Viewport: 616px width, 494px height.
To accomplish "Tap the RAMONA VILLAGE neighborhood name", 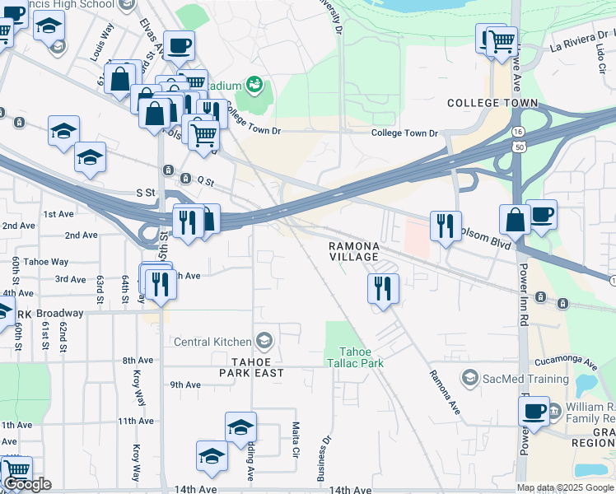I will click(355, 252).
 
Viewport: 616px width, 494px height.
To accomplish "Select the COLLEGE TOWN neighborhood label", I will click(492, 104).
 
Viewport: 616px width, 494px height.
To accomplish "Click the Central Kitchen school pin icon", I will click(264, 341).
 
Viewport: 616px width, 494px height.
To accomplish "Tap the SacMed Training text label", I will click(525, 379).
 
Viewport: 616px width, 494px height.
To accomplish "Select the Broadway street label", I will click(59, 314).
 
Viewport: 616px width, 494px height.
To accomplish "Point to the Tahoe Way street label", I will click(47, 262).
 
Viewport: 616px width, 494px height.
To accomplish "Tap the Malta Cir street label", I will click(295, 440).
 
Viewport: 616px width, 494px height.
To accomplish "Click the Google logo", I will click(27, 484).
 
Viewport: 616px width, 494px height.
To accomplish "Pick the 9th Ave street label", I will click(185, 385).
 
